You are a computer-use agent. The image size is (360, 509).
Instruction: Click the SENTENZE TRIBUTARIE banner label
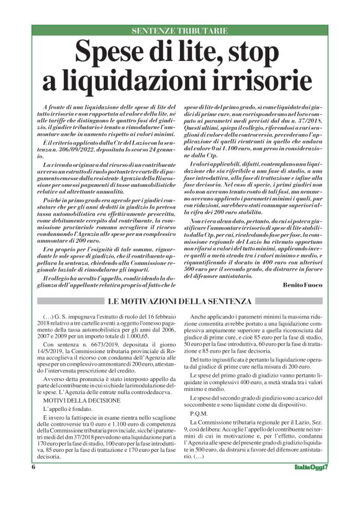point(180,30)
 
